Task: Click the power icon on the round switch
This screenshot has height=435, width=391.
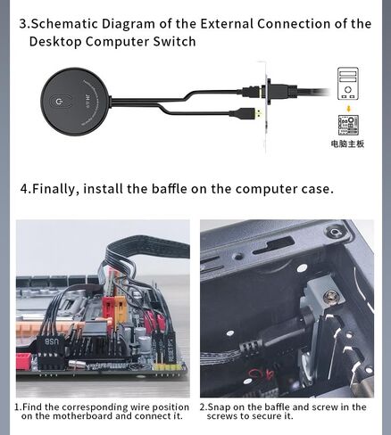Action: [x=58, y=103]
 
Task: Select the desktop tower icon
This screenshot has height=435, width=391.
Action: [x=347, y=84]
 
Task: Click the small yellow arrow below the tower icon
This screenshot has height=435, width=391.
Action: [x=348, y=109]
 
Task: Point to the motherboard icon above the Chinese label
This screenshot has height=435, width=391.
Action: [x=348, y=125]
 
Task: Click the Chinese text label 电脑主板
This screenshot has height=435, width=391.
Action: [x=347, y=144]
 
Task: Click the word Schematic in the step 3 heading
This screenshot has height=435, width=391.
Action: [x=64, y=24]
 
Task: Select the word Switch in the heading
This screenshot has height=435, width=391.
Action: [x=174, y=41]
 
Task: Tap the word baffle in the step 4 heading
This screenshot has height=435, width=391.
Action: [x=169, y=189]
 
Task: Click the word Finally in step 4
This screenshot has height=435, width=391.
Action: [x=55, y=189]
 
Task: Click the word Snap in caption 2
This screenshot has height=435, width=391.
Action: [x=219, y=407]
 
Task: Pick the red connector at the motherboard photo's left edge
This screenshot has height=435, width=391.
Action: [x=24, y=361]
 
